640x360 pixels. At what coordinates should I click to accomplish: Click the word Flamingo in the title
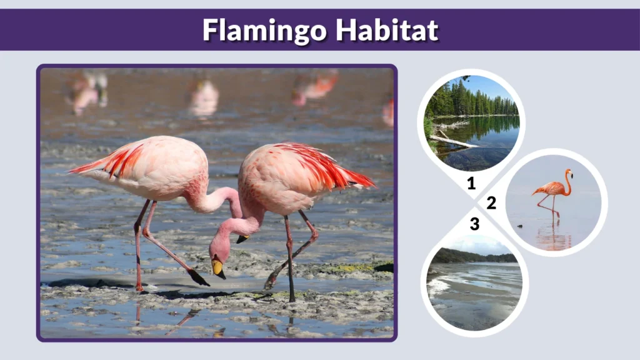[264, 30]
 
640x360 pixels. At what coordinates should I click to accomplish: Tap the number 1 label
[471, 183]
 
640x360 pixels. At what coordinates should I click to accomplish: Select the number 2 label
[491, 202]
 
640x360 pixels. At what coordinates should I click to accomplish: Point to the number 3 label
[474, 224]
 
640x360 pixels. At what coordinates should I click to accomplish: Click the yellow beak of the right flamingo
[218, 269]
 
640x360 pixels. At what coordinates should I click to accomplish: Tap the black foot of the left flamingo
[199, 277]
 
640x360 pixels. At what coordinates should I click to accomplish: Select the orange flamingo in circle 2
[552, 188]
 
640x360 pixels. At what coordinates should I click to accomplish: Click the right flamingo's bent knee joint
[313, 236]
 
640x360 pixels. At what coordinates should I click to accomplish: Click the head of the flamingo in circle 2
[568, 172]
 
